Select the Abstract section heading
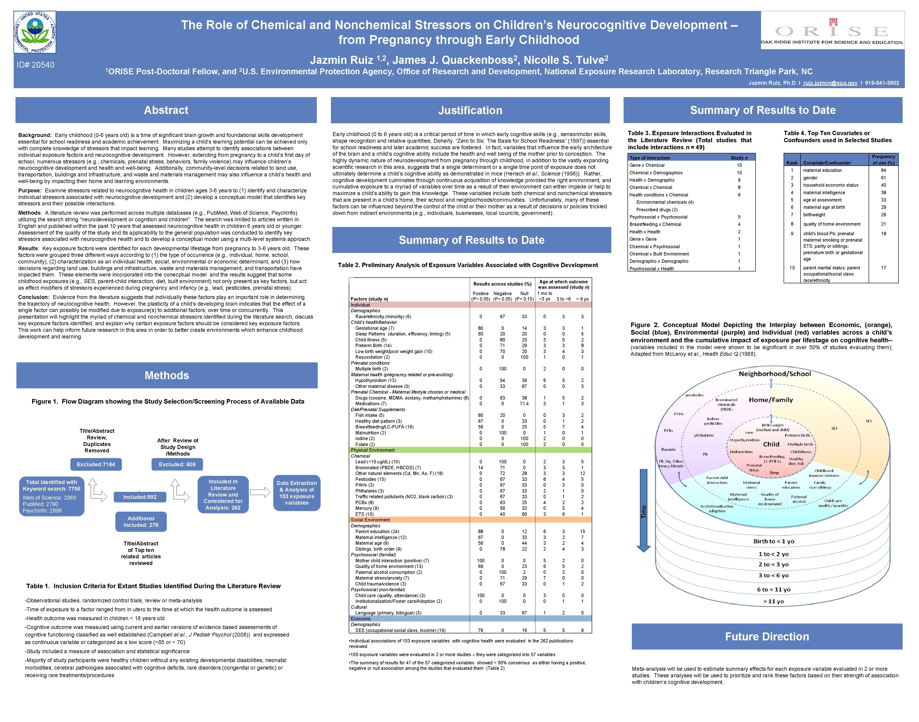point(166,110)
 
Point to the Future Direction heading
point(767,637)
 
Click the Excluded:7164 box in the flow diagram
point(96,464)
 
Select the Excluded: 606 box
point(177,464)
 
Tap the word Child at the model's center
point(771,444)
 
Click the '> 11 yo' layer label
point(774,601)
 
